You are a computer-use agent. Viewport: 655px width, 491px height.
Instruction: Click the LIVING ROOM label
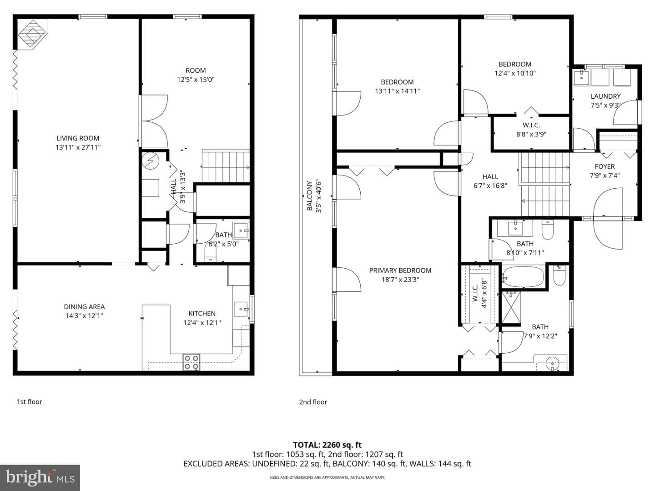(x=78, y=138)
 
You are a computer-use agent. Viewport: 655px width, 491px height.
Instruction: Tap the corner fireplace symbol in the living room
(x=33, y=34)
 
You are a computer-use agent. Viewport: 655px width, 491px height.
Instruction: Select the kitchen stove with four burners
(x=191, y=362)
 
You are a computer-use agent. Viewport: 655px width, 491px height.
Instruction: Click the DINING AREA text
(x=84, y=307)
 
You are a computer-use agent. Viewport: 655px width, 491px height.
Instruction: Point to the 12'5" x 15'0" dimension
(x=196, y=80)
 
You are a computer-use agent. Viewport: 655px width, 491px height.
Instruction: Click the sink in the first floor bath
(x=241, y=231)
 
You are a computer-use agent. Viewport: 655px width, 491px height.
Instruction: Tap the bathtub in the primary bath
(x=523, y=277)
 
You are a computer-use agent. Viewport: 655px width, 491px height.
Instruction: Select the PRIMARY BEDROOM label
(x=400, y=271)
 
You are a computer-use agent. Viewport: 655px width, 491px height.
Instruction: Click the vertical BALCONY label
(x=309, y=196)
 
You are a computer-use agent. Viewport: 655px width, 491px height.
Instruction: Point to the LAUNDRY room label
(x=605, y=96)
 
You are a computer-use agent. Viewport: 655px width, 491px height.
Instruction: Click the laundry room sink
(x=581, y=77)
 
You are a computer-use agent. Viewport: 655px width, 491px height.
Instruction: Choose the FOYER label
(x=605, y=167)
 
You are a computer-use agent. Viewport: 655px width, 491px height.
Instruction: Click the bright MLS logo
(x=40, y=478)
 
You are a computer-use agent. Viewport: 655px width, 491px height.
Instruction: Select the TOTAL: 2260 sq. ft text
(x=327, y=445)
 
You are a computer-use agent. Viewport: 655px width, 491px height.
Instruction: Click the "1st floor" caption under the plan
(x=30, y=401)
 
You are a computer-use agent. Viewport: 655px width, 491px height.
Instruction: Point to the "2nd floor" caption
(x=313, y=402)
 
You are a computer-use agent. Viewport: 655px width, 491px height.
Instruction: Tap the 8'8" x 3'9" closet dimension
(x=531, y=134)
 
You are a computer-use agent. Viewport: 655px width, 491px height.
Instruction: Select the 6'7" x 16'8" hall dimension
(x=490, y=186)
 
